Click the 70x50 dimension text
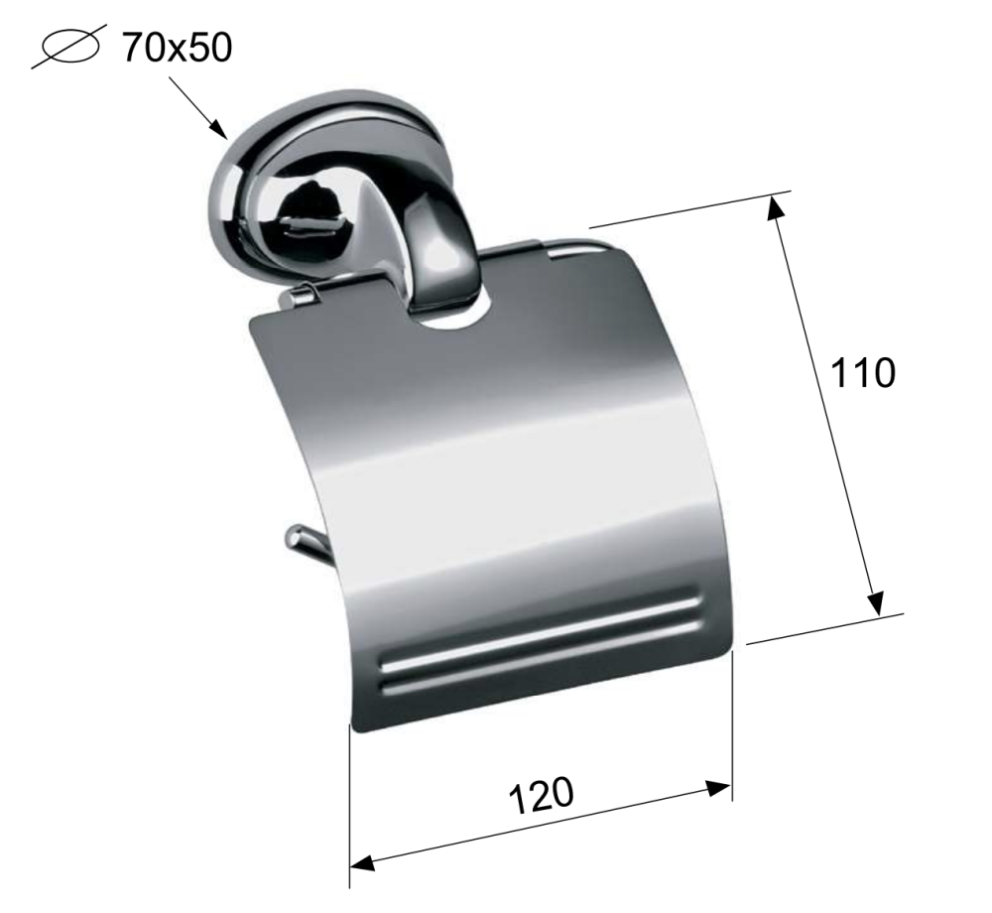(178, 48)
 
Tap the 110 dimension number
(862, 373)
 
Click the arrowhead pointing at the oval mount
(219, 130)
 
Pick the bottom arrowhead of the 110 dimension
(876, 603)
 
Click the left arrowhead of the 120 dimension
(362, 861)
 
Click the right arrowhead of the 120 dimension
(718, 788)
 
